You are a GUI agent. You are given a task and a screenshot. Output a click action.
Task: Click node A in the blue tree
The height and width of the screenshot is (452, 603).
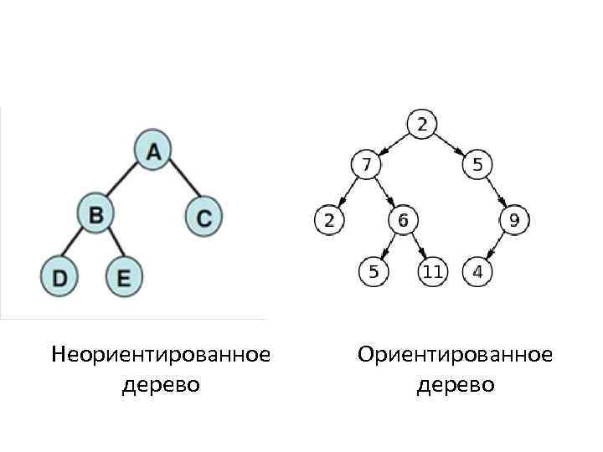pyautogui.click(x=153, y=150)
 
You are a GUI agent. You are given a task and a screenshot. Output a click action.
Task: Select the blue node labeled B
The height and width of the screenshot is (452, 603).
pyautogui.click(x=96, y=214)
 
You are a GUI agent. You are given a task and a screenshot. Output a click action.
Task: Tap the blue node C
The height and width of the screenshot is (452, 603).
pyautogui.click(x=204, y=216)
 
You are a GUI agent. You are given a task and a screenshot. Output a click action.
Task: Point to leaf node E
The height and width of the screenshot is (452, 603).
pyautogui.click(x=124, y=276)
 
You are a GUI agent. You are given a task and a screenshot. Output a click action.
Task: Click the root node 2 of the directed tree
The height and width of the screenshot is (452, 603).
pyautogui.click(x=421, y=125)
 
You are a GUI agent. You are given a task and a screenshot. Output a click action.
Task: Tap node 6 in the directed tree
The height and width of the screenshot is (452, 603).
pyautogui.click(x=403, y=221)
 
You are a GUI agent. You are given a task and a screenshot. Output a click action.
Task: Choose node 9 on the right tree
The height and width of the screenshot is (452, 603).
pyautogui.click(x=514, y=221)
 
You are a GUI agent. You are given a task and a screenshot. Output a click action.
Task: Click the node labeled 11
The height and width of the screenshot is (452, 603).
pyautogui.click(x=433, y=271)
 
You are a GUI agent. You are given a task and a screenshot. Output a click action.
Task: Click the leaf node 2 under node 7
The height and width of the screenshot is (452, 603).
pyautogui.click(x=329, y=221)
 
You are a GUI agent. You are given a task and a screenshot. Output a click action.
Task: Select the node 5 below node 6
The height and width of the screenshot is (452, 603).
pyautogui.click(x=374, y=271)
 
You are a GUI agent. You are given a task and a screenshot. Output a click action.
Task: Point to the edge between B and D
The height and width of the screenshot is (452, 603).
pyautogui.click(x=78, y=245)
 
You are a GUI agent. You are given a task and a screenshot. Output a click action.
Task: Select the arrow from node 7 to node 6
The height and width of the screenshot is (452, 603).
pyautogui.click(x=384, y=193)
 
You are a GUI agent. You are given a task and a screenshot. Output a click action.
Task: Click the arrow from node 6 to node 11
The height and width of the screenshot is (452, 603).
pyautogui.click(x=418, y=246)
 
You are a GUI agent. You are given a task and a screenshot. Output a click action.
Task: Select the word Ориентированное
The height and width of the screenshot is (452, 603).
pyautogui.click(x=455, y=355)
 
